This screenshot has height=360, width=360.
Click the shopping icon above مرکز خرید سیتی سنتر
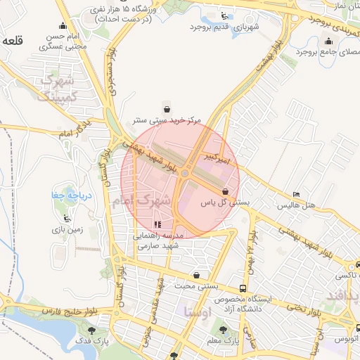tap(167, 108)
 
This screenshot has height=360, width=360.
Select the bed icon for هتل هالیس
tap(295, 194)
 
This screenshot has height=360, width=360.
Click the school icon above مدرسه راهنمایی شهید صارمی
tap(157, 224)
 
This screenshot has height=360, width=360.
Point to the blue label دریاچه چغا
tap(67, 195)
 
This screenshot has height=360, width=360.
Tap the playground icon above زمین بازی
tap(67, 218)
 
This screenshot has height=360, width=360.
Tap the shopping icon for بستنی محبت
tap(197, 275)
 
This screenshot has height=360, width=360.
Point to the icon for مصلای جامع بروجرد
tap(329, 41)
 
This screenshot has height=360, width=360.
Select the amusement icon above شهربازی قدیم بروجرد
tap(224, 15)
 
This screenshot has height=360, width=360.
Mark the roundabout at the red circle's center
tap(185, 173)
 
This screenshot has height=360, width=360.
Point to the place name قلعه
tap(13, 41)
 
